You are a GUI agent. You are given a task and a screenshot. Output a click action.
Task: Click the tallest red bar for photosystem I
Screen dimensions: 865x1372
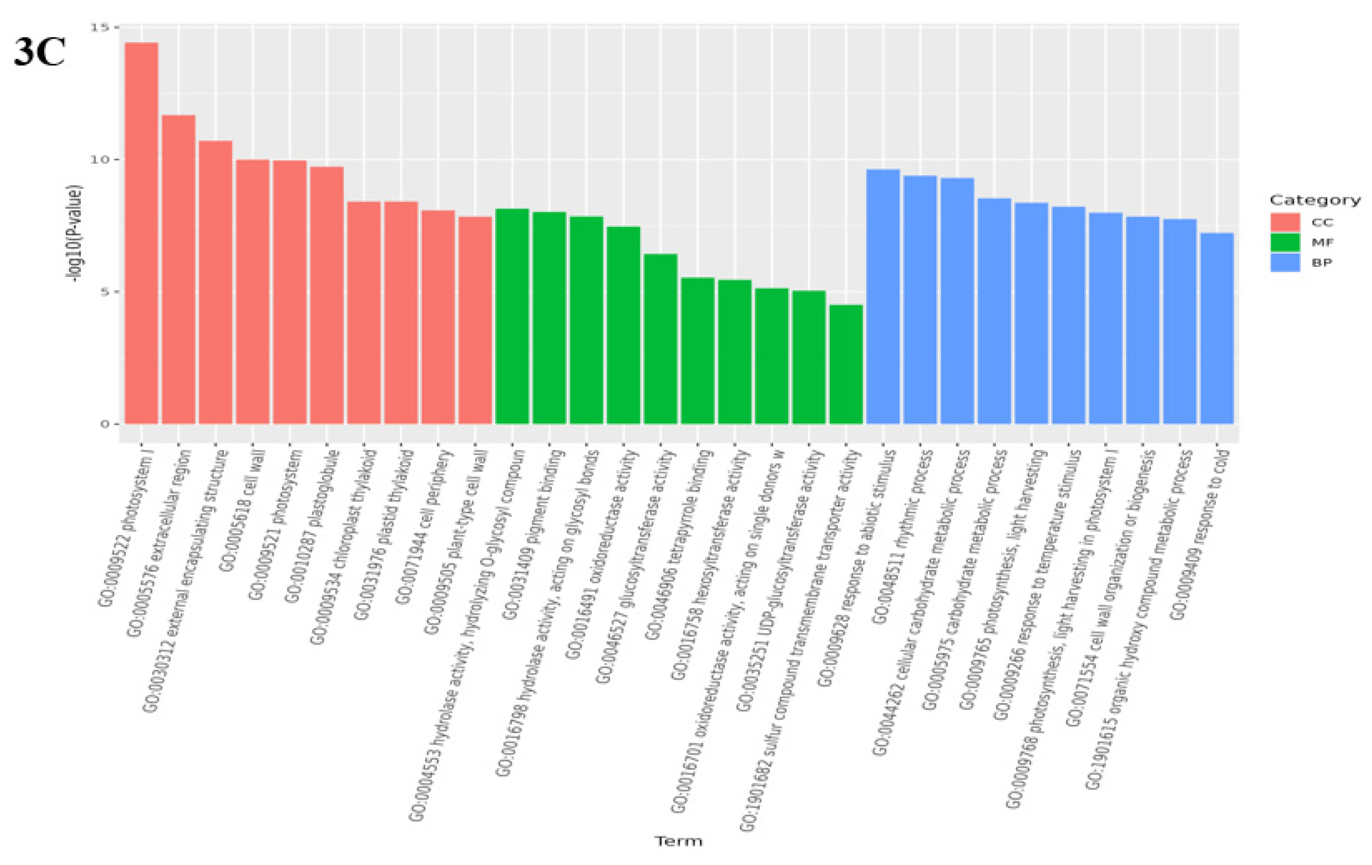pyautogui.click(x=142, y=234)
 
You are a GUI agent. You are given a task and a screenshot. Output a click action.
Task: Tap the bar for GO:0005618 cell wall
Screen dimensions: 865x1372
pyautogui.click(x=252, y=292)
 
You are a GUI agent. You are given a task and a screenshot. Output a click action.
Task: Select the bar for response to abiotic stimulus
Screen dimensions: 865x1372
pyautogui.click(x=882, y=296)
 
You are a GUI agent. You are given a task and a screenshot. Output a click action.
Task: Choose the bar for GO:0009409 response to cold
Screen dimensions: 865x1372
pyautogui.click(x=1216, y=329)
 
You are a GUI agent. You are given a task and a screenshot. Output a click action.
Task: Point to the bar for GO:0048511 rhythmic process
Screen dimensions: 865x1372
pyautogui.click(x=920, y=300)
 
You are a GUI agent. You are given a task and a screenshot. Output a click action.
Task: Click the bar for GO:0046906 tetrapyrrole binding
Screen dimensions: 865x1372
pyautogui.click(x=697, y=351)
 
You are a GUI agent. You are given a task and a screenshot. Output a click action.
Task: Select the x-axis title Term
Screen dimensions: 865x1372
pyautogui.click(x=678, y=841)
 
